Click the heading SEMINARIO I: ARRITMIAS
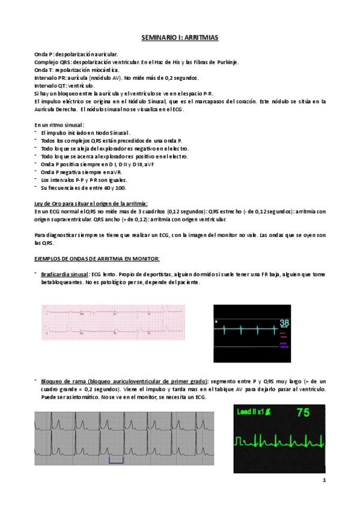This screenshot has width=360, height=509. [180, 38]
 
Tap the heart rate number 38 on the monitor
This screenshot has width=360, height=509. [284, 324]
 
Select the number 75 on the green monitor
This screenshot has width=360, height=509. [304, 414]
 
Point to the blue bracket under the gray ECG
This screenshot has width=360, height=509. [116, 460]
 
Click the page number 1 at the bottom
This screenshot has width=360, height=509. [323, 480]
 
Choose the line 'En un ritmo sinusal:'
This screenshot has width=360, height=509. [59, 124]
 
